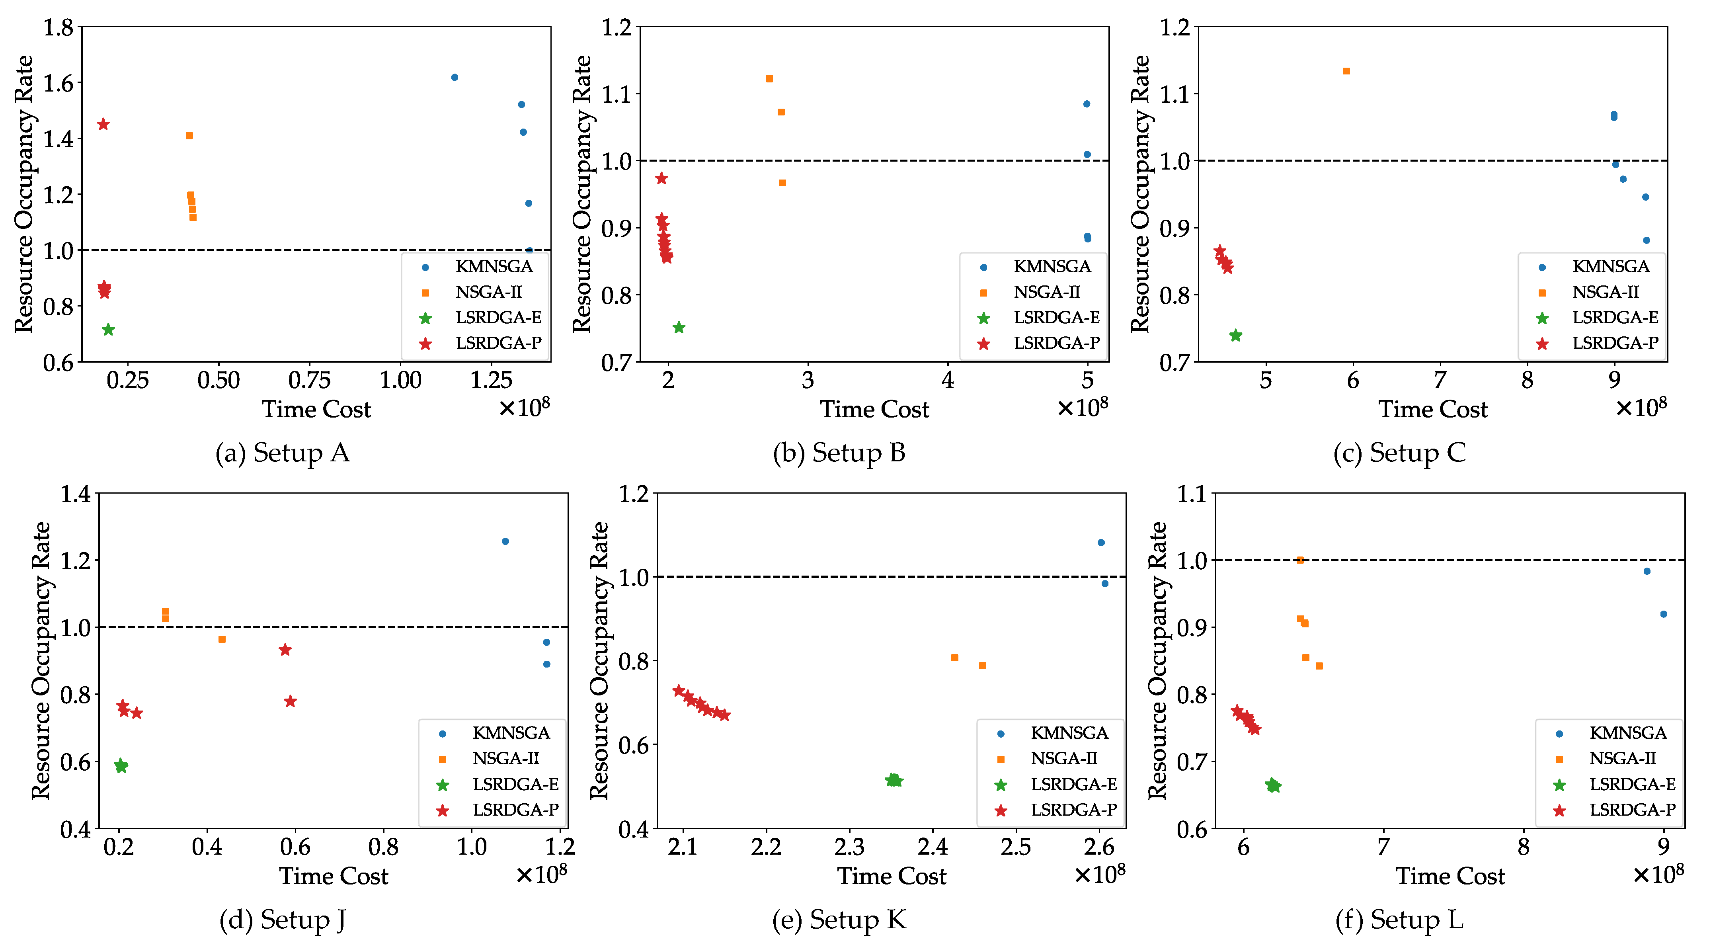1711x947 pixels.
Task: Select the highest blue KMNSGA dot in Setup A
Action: point(455,78)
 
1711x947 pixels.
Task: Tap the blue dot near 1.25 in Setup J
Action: point(505,542)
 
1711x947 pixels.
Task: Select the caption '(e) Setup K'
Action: point(839,920)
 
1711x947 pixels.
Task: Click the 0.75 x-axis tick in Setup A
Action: point(310,381)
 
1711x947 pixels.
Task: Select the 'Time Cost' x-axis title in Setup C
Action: point(1433,410)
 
